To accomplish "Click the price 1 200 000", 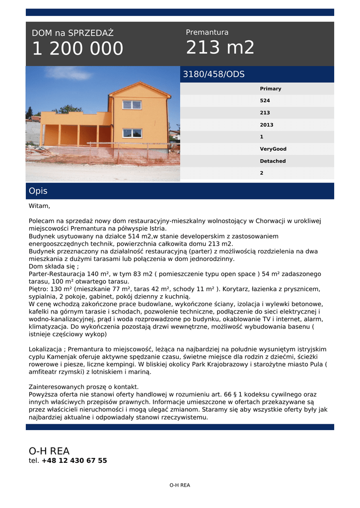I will pos(77,49).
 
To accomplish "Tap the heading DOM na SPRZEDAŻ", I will pos(72,33).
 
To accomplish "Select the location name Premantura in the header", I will pos(207,32).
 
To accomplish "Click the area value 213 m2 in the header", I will pos(220,48).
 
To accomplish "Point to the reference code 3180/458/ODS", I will pos(214,74).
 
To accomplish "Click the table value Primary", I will pos(270,89).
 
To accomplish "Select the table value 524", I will pos(265,101).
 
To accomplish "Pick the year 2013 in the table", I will pos(266,125).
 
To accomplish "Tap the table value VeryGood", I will pos(273,149).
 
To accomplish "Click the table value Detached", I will pos(273,161).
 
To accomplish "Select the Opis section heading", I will pos(38,191).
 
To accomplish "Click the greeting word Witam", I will pos(39,206).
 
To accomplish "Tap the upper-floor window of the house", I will pos(132,105).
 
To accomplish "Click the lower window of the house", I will pos(132,133).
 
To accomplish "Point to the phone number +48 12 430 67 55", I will pos(74,460).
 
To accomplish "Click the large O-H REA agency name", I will pos(49,451).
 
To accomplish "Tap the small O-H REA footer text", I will pos(180,485).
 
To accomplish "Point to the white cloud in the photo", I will pos(70,73).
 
